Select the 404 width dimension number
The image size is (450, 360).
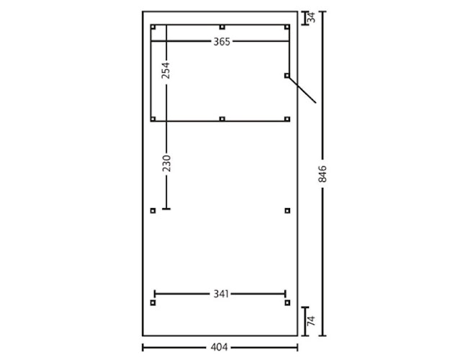coord(220,347)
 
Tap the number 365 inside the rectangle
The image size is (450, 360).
coord(221,42)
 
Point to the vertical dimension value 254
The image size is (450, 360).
coord(166,70)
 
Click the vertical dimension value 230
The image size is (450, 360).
coord(166,163)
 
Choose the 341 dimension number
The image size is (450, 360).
coord(220,294)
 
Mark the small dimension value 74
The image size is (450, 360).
coord(311,322)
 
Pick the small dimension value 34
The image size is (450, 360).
coord(312,18)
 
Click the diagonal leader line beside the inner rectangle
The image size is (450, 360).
coord(302,90)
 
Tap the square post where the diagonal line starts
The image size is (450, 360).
coord(287,75)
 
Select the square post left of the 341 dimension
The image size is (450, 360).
coord(153,303)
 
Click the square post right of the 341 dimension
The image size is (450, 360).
coord(287,303)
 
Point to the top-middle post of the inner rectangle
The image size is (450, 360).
coord(222,27)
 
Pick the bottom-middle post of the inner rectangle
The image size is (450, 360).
coord(222,119)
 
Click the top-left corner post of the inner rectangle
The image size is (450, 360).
coord(153,27)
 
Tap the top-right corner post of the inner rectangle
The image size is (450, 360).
coord(287,27)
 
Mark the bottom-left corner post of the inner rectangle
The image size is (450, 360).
coord(153,119)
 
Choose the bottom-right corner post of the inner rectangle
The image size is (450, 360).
coord(287,119)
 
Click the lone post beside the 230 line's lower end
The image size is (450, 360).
coord(153,211)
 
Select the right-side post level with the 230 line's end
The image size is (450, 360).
coord(287,211)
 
